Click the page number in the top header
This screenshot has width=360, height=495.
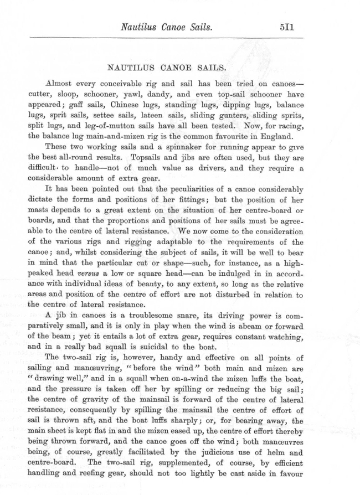tap(290, 25)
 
